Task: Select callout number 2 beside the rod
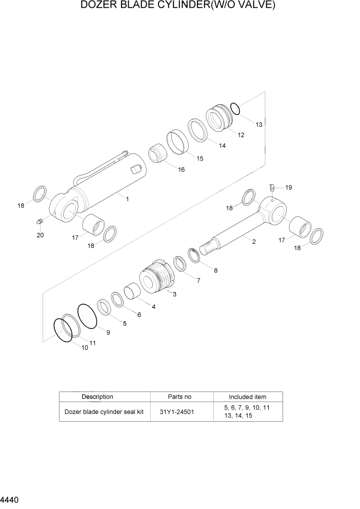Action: [x=254, y=242]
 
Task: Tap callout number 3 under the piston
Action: [x=174, y=295]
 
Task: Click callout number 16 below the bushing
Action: [x=182, y=170]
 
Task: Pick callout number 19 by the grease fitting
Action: [x=288, y=188]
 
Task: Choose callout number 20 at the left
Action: [x=40, y=236]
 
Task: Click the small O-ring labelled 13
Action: [x=235, y=108]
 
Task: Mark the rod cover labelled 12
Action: [x=220, y=119]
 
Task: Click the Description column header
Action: [x=97, y=397]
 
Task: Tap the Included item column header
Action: [x=247, y=397]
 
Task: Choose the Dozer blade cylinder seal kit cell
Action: [x=104, y=412]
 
